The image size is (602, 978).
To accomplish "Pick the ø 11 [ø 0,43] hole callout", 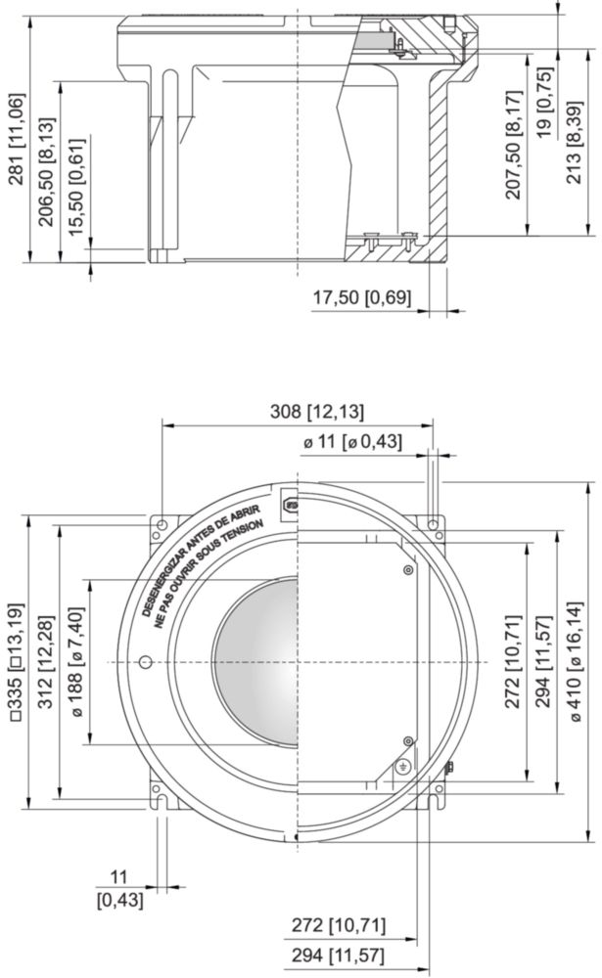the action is pyautogui.click(x=352, y=442).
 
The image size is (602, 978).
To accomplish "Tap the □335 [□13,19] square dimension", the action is pyautogui.click(x=17, y=662).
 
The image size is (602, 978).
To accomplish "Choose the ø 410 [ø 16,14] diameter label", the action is pyautogui.click(x=576, y=662).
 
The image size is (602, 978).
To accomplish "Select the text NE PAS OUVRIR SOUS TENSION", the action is pyautogui.click(x=209, y=572).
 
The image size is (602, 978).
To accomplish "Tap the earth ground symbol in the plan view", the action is pyautogui.click(x=403, y=767).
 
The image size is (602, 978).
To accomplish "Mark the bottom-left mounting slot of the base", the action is pyautogui.click(x=162, y=801).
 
